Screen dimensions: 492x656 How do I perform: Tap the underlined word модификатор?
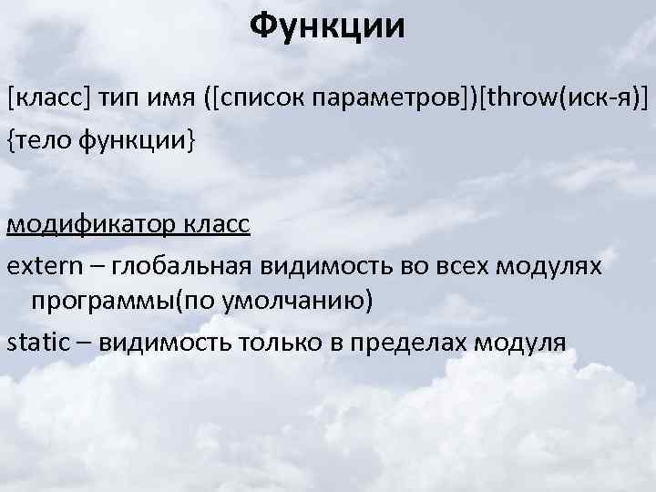pyautogui.click(x=79, y=224)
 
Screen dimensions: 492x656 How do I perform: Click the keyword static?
pyautogui.click(x=36, y=343)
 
